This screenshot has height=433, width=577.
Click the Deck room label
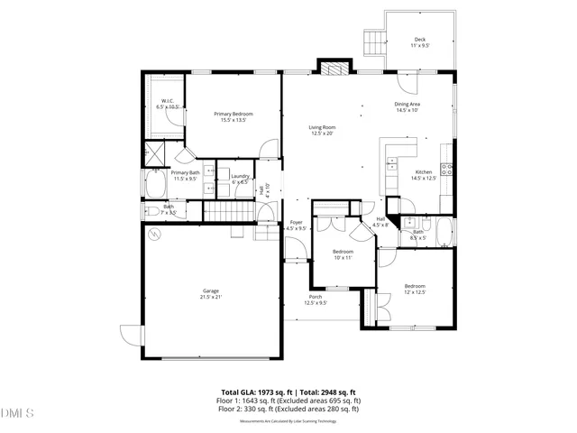pyautogui.click(x=420, y=41)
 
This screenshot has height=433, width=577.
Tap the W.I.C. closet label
pyautogui.click(x=169, y=103)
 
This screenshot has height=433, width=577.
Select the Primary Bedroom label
pyautogui.click(x=233, y=116)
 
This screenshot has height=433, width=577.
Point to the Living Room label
pyautogui.click(x=323, y=130)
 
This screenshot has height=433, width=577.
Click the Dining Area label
pyautogui.click(x=408, y=107)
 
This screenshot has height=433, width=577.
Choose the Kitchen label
pyautogui.click(x=423, y=174)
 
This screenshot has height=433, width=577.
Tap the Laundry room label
pyautogui.click(x=240, y=179)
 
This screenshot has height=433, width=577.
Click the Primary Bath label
pyautogui.click(x=185, y=175)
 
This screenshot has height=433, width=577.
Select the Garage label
pyautogui.click(x=211, y=294)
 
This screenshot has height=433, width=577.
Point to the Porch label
pyautogui.click(x=316, y=299)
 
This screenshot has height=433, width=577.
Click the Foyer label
pyautogui.click(x=296, y=225)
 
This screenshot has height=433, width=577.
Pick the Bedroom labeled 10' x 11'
pyautogui.click(x=343, y=253)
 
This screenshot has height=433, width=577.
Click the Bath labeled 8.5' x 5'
pyautogui.click(x=418, y=234)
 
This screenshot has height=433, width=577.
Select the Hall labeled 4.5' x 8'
pyautogui.click(x=381, y=221)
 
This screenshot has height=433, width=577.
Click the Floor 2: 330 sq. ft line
pyautogui.click(x=288, y=409)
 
